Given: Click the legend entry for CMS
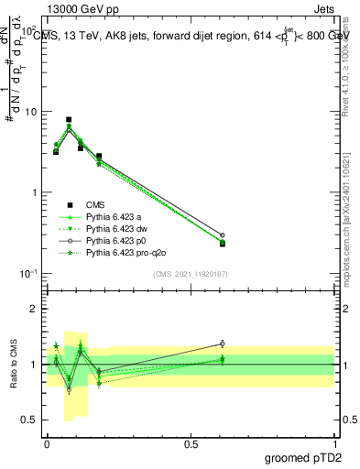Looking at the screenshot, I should coord(95,205).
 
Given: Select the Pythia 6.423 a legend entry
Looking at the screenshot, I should coord(119,216).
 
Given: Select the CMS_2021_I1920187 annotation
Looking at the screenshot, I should coord(190,274).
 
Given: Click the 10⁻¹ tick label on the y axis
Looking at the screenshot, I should coord(29,274).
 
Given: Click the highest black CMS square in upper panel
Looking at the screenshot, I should coord(69,119).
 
